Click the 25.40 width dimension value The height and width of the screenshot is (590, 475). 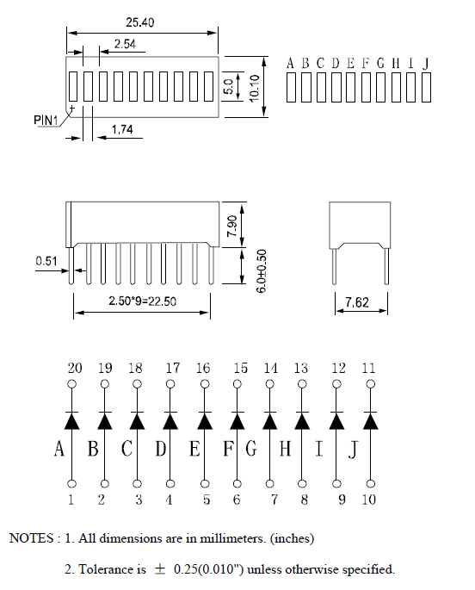(139, 22)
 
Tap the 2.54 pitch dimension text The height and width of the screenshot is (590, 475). (125, 44)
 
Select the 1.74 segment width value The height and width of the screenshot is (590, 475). (122, 130)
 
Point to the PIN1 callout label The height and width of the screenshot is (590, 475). (46, 120)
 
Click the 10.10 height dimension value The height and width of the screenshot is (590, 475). (255, 88)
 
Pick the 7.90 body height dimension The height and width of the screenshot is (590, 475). (232, 226)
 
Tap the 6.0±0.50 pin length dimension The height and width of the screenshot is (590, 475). (262, 270)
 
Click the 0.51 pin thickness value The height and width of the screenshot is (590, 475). (46, 261)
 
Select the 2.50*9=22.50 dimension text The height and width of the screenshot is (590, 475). (142, 301)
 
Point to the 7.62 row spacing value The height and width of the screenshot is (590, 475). (357, 302)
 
